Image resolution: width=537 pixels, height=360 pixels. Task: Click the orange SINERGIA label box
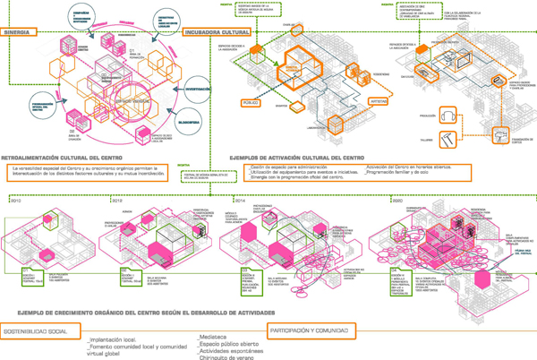pos(20,32)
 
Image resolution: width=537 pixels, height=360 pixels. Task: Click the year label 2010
pos(15,177)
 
